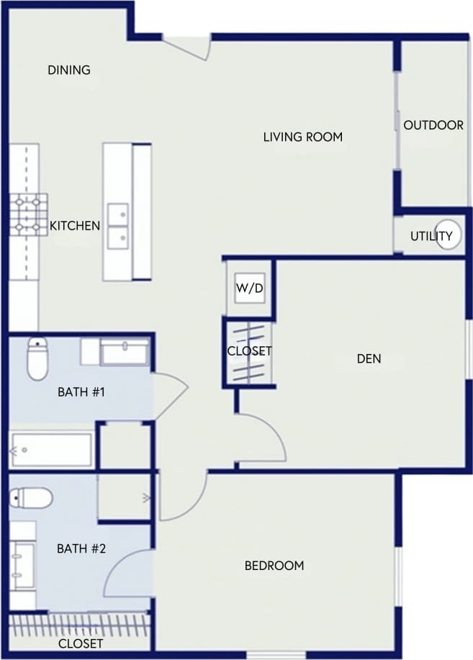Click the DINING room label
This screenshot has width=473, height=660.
[69, 70]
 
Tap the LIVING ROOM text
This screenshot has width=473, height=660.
[302, 136]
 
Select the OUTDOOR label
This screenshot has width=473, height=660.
[433, 125]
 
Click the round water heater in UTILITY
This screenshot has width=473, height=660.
[448, 235]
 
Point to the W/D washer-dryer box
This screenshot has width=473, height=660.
[250, 289]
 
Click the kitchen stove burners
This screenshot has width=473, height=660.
[28, 214]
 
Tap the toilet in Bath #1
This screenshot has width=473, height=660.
[37, 358]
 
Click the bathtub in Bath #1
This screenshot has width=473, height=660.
[51, 450]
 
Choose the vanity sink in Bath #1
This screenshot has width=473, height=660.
[125, 353]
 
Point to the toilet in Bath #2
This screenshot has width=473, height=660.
[32, 497]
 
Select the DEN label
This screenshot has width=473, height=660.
[369, 358]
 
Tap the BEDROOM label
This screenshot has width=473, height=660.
[274, 566]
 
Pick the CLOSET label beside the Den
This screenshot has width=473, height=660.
[249, 351]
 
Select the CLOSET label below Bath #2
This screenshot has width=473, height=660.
[80, 643]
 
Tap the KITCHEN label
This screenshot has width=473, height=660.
[75, 226]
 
